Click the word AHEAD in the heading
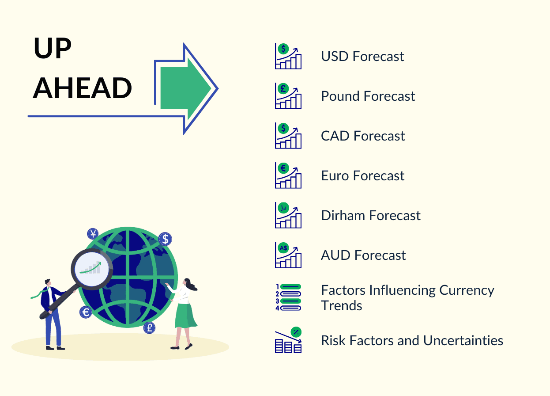83,88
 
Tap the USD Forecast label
362,57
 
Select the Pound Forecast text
368,96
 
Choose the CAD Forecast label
363,136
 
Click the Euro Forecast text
362,176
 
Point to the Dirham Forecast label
371,216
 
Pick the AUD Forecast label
363,255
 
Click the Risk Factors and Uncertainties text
412,341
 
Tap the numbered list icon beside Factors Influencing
288,297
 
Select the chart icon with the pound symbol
288,96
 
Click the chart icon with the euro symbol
288,175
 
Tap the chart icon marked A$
288,255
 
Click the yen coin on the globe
93,234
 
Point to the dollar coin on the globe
165,239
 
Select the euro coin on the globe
86,312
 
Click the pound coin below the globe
149,327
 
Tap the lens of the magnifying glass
92,268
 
